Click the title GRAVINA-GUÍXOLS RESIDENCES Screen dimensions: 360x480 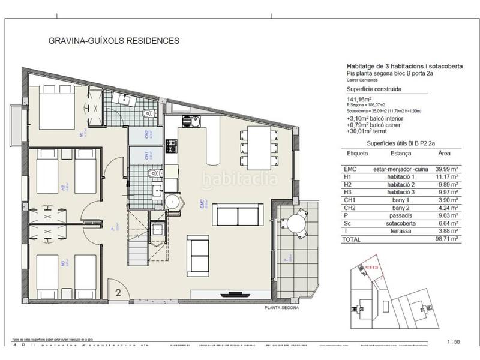pyautogui.click(x=113, y=41)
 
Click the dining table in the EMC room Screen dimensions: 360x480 pyautogui.click(x=259, y=148)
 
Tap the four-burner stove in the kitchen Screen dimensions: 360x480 pyautogui.click(x=171, y=145)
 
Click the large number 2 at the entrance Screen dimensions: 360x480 pyautogui.click(x=118, y=293)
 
